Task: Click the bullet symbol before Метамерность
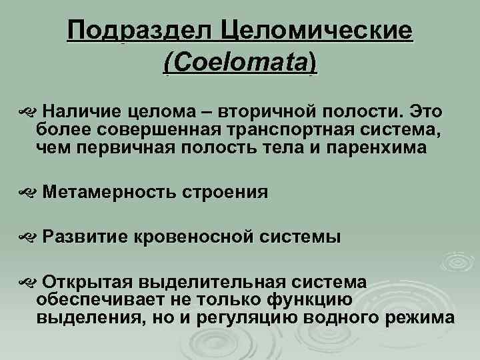(x=26, y=193)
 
